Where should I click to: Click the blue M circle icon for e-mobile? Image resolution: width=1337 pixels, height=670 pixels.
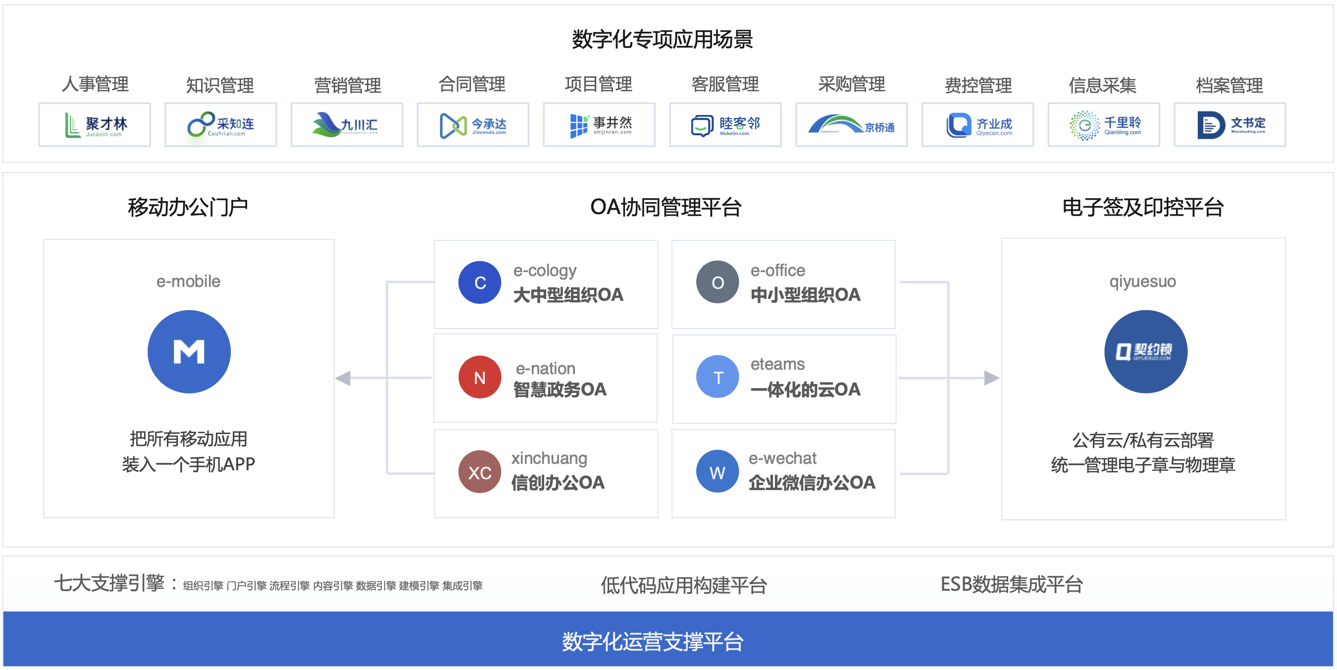pos(189,352)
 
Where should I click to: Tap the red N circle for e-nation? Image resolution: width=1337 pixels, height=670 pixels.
pos(479,377)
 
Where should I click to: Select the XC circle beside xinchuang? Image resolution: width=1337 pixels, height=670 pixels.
pos(479,472)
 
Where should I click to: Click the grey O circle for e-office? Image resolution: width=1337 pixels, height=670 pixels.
pos(718,282)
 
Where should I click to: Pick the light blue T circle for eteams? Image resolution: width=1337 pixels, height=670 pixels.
pos(718,377)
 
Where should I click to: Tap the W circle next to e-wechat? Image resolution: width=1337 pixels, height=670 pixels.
pos(718,472)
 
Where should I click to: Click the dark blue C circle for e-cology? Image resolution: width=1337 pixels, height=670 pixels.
pos(479,282)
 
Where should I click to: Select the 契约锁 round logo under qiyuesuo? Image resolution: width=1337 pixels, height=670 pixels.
pos(1145,352)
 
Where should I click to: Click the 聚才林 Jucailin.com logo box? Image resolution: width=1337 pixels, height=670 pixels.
pos(95,125)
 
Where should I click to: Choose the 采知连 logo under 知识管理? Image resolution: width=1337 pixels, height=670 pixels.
pos(220,125)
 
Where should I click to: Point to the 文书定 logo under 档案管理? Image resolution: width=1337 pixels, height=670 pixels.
pos(1230,125)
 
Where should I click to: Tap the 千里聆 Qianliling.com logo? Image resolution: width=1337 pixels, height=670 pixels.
pos(1103,125)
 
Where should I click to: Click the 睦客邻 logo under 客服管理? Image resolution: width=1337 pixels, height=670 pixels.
pos(725,125)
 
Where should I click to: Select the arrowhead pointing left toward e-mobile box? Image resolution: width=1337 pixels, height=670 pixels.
pos(343,378)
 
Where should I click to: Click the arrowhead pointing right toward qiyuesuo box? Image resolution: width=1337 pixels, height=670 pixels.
pos(991,378)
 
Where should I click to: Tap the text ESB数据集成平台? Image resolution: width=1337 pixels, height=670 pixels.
pos(1012,584)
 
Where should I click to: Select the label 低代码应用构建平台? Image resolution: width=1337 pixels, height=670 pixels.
pos(683,585)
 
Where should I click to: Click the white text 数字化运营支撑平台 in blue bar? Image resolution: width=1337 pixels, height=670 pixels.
pos(653,641)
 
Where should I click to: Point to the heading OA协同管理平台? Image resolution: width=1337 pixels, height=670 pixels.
pos(666,207)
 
